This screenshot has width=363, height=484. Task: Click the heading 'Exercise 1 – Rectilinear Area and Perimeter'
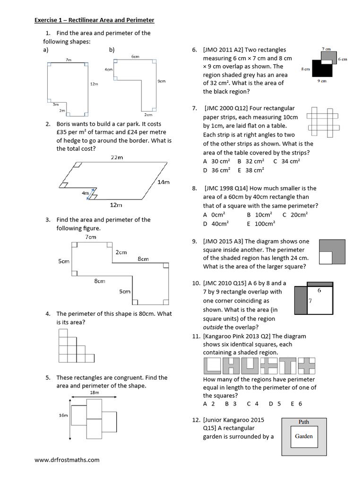tap(95, 20)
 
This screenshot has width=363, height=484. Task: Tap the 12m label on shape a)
tap(94, 84)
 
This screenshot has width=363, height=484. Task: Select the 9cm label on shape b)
tap(161, 81)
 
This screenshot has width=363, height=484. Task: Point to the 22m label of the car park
tap(117, 157)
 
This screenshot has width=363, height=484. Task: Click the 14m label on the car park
tap(164, 182)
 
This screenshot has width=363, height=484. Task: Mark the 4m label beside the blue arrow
tap(85, 193)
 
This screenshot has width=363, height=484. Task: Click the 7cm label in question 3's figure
tap(91, 237)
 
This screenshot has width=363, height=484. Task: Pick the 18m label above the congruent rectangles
tap(94, 392)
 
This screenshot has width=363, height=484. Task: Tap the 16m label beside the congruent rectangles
tap(63, 415)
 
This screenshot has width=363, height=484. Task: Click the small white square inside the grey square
tap(326, 258)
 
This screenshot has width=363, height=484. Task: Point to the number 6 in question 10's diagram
tap(319, 291)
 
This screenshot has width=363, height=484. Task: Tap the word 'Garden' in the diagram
tap(303, 436)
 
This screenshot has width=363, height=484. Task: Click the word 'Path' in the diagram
tap(304, 422)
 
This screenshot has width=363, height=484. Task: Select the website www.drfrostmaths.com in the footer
tap(67, 459)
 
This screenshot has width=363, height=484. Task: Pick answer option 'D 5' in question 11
tap(275, 404)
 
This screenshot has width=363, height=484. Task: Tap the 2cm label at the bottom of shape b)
tap(148, 115)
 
